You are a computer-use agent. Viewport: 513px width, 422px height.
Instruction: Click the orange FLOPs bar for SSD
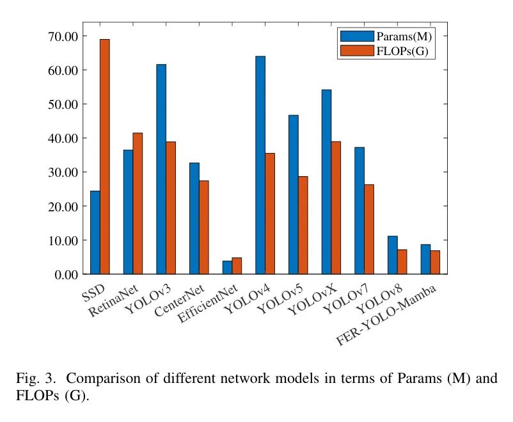pyautogui.click(x=104, y=157)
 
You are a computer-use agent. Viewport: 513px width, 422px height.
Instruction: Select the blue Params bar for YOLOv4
pyautogui.click(x=260, y=165)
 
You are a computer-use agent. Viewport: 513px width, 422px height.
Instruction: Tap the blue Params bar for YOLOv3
pyautogui.click(x=161, y=169)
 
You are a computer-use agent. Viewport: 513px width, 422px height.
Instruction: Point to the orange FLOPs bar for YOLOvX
pyautogui.click(x=336, y=208)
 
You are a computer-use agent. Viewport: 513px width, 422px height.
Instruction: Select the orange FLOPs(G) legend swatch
pyautogui.click(x=352, y=51)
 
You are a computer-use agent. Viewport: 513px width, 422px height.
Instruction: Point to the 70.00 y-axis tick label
pyautogui.click(x=62, y=36)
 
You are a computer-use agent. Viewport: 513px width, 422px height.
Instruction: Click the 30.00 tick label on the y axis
pyautogui.click(x=62, y=172)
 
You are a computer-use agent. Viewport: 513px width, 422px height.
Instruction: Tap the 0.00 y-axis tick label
pyautogui.click(x=65, y=275)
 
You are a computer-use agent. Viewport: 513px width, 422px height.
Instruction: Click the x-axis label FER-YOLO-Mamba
pyautogui.click(x=387, y=315)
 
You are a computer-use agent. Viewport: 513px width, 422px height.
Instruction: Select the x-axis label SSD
pyautogui.click(x=95, y=291)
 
